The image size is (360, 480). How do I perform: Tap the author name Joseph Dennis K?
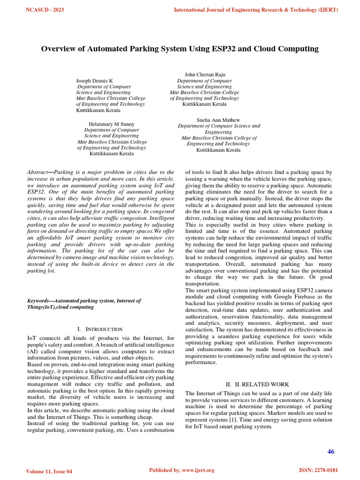(x=94, y=81)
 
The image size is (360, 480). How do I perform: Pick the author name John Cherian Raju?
(x=205, y=75)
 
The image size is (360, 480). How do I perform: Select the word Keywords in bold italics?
(x=39, y=300)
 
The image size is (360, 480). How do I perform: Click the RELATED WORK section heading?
(x=262, y=384)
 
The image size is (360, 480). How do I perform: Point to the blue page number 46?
(x=330, y=451)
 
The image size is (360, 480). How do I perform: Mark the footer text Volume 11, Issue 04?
(x=49, y=471)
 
